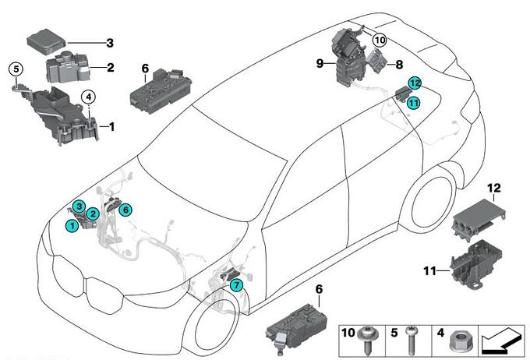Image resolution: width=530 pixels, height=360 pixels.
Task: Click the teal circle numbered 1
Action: click(72, 225)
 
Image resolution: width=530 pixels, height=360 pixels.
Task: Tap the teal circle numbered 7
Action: click(236, 286)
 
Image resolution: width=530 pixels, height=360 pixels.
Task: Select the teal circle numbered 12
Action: click(415, 83)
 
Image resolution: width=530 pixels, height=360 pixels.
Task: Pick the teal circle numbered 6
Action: click(125, 208)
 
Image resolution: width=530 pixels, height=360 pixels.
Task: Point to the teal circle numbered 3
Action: click(78, 205)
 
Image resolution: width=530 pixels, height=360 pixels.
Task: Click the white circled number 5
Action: click(14, 69)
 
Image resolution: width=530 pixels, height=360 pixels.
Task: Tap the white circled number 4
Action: click(89, 97)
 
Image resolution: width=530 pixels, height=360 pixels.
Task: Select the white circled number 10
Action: click(380, 40)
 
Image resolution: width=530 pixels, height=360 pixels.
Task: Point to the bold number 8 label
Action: click(399, 66)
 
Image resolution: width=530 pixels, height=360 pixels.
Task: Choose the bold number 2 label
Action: click(111, 68)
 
